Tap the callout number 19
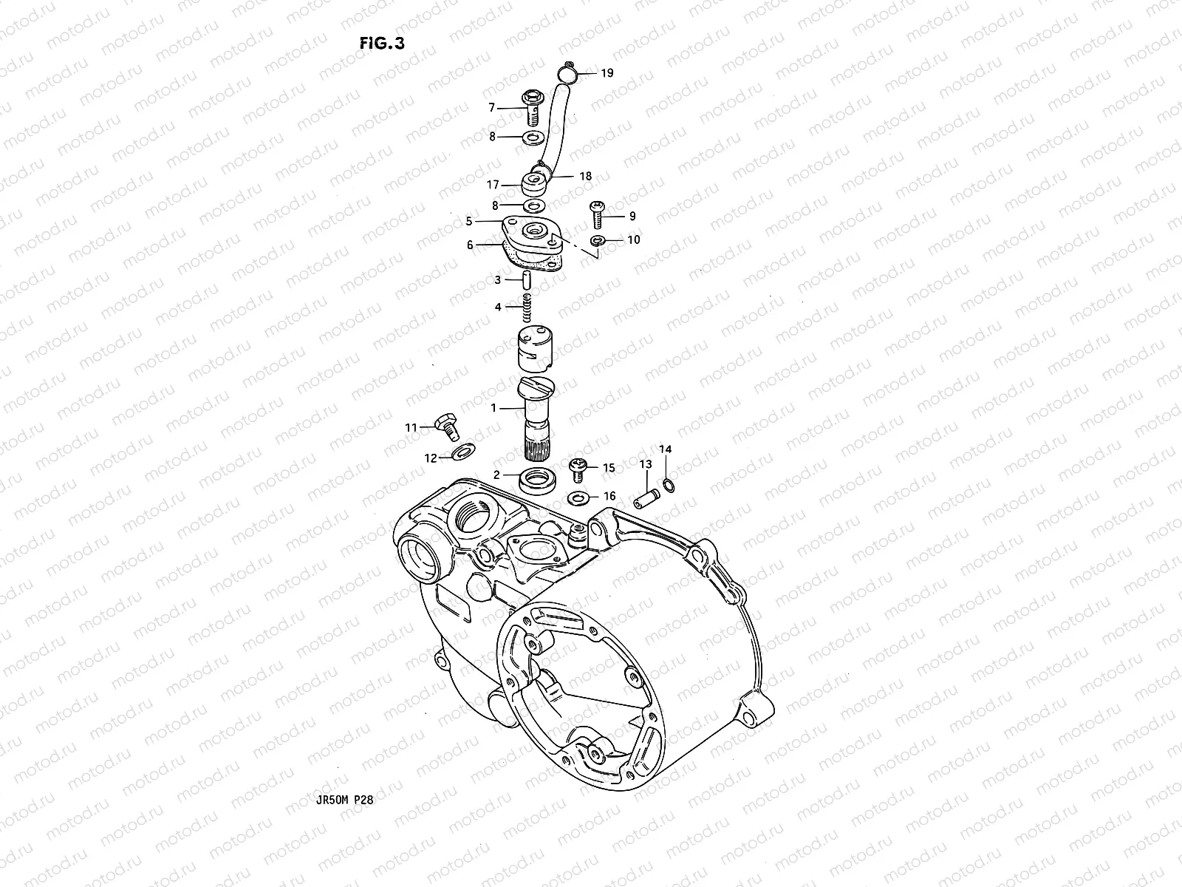(607, 73)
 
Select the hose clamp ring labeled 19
(565, 72)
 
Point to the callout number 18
(585, 177)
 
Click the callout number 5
(468, 220)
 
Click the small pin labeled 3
(525, 281)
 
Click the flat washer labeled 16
(579, 497)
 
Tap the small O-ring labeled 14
(667, 485)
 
